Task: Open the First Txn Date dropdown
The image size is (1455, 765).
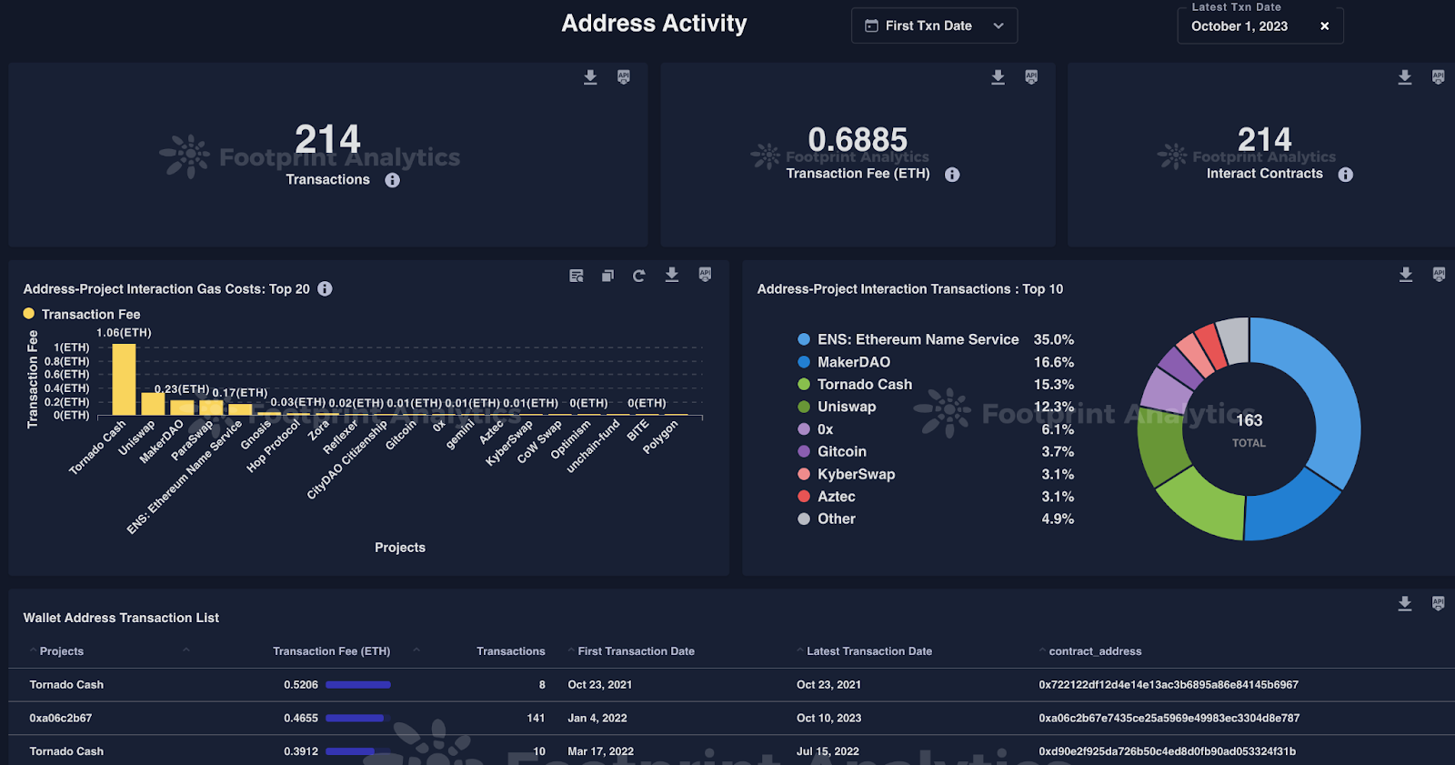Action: (x=933, y=25)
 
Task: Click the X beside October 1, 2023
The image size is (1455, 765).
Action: (x=1324, y=26)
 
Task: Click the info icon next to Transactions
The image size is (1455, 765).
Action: (x=392, y=180)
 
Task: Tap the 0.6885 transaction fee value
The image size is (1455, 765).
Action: (x=858, y=140)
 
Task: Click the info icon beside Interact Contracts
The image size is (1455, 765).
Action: (x=1345, y=175)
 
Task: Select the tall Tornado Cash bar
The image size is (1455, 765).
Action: (x=124, y=379)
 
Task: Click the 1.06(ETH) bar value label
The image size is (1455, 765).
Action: (x=124, y=333)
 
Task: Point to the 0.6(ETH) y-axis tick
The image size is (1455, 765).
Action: (x=67, y=374)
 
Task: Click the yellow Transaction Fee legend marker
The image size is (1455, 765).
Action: (x=29, y=314)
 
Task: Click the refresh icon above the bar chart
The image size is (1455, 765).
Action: (x=638, y=276)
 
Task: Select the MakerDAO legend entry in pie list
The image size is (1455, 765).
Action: (x=853, y=362)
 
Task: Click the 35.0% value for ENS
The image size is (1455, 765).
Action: (x=1053, y=339)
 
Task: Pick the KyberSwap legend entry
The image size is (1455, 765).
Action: (x=856, y=474)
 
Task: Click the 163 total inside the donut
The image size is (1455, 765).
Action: (x=1249, y=420)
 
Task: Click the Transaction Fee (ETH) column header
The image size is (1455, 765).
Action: (x=331, y=651)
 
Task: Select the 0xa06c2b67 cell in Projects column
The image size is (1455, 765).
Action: (x=61, y=718)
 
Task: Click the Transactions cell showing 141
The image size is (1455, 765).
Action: (x=536, y=718)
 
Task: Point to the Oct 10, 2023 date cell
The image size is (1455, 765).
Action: (x=828, y=718)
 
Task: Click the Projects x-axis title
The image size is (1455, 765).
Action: (x=399, y=548)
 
